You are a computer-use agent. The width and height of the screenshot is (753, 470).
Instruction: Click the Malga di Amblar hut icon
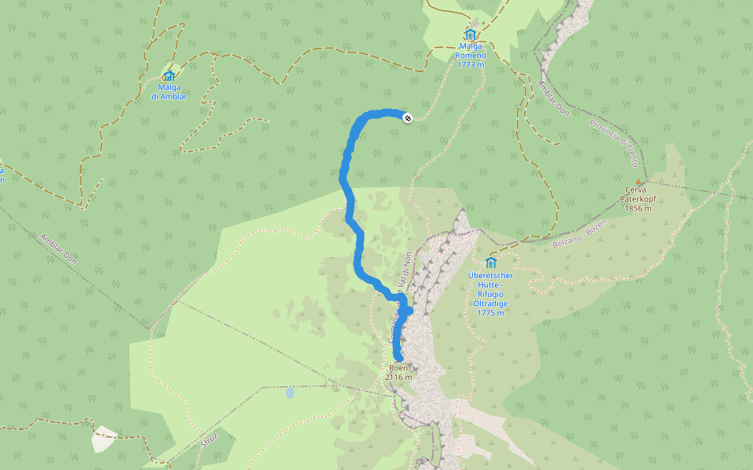pos(169,76)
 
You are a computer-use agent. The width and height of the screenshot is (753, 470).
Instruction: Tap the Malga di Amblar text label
pos(169,92)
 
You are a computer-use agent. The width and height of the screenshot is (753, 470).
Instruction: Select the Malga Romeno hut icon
pos(471,35)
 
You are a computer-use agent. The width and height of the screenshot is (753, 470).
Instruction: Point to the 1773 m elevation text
pos(471,65)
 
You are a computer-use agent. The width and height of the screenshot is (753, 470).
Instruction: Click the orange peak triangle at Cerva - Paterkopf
pos(638,182)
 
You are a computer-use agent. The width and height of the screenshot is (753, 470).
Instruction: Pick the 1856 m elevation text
pos(638,208)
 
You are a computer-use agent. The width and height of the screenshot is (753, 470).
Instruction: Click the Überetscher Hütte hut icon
pos(491,262)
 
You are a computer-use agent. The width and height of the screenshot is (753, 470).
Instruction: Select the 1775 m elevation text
pos(490,313)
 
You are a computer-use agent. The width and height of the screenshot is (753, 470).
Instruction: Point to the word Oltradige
pos(490,303)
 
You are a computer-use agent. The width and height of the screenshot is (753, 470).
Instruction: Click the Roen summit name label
pos(398,367)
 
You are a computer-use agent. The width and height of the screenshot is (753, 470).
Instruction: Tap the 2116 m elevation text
pos(398,377)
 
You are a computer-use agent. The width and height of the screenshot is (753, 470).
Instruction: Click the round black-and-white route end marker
pos(407,117)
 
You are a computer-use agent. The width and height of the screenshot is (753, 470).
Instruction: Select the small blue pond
pos(289,392)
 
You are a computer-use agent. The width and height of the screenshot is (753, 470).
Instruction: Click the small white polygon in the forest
pos(104,439)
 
